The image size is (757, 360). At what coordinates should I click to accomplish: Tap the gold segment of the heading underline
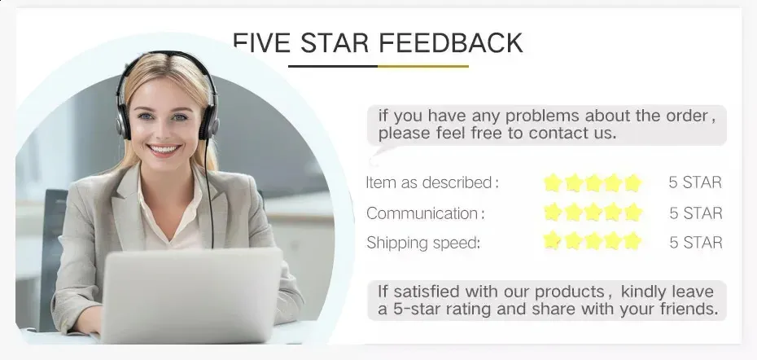[x=423, y=66]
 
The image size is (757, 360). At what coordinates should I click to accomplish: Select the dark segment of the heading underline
[x=333, y=66]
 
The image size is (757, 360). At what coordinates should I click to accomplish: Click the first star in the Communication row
[x=554, y=212]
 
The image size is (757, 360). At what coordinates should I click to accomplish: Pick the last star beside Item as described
[x=632, y=183]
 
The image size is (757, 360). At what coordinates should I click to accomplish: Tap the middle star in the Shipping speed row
[x=593, y=240]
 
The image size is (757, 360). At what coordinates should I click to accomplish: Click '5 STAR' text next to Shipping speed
[x=696, y=242]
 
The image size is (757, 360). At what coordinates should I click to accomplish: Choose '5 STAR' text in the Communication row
[x=696, y=213]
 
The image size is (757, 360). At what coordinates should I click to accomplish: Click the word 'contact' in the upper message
[x=554, y=133]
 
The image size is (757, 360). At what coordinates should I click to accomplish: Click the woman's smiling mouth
[x=164, y=149]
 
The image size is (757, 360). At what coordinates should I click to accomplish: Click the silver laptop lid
[x=191, y=296]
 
